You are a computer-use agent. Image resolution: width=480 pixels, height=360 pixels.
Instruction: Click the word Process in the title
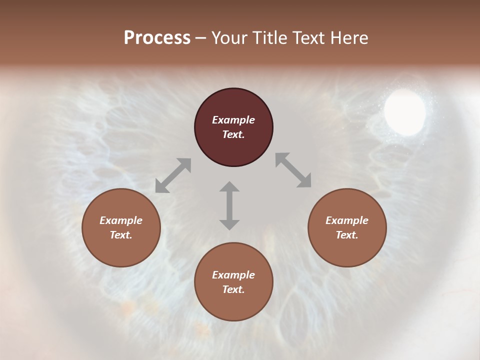[x=157, y=38]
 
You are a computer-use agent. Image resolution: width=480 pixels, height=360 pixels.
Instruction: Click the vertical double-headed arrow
[x=229, y=205]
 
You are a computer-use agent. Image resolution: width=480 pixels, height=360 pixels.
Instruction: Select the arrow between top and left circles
[x=173, y=175]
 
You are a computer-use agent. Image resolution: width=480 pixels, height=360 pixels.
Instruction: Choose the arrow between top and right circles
[x=293, y=170]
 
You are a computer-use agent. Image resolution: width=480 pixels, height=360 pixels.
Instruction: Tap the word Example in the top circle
[x=233, y=120]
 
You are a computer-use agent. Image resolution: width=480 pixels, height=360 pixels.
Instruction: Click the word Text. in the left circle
[x=121, y=235]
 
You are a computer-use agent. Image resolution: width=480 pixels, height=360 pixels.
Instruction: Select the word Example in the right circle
[x=347, y=220]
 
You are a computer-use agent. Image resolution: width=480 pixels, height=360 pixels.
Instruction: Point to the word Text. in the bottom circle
[x=233, y=289]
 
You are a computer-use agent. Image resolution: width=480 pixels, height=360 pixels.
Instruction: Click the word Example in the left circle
[x=121, y=220]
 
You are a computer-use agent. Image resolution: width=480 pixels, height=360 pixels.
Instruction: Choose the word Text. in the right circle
[x=347, y=235]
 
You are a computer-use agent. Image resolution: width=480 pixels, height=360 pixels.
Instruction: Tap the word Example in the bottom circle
[x=233, y=275]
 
